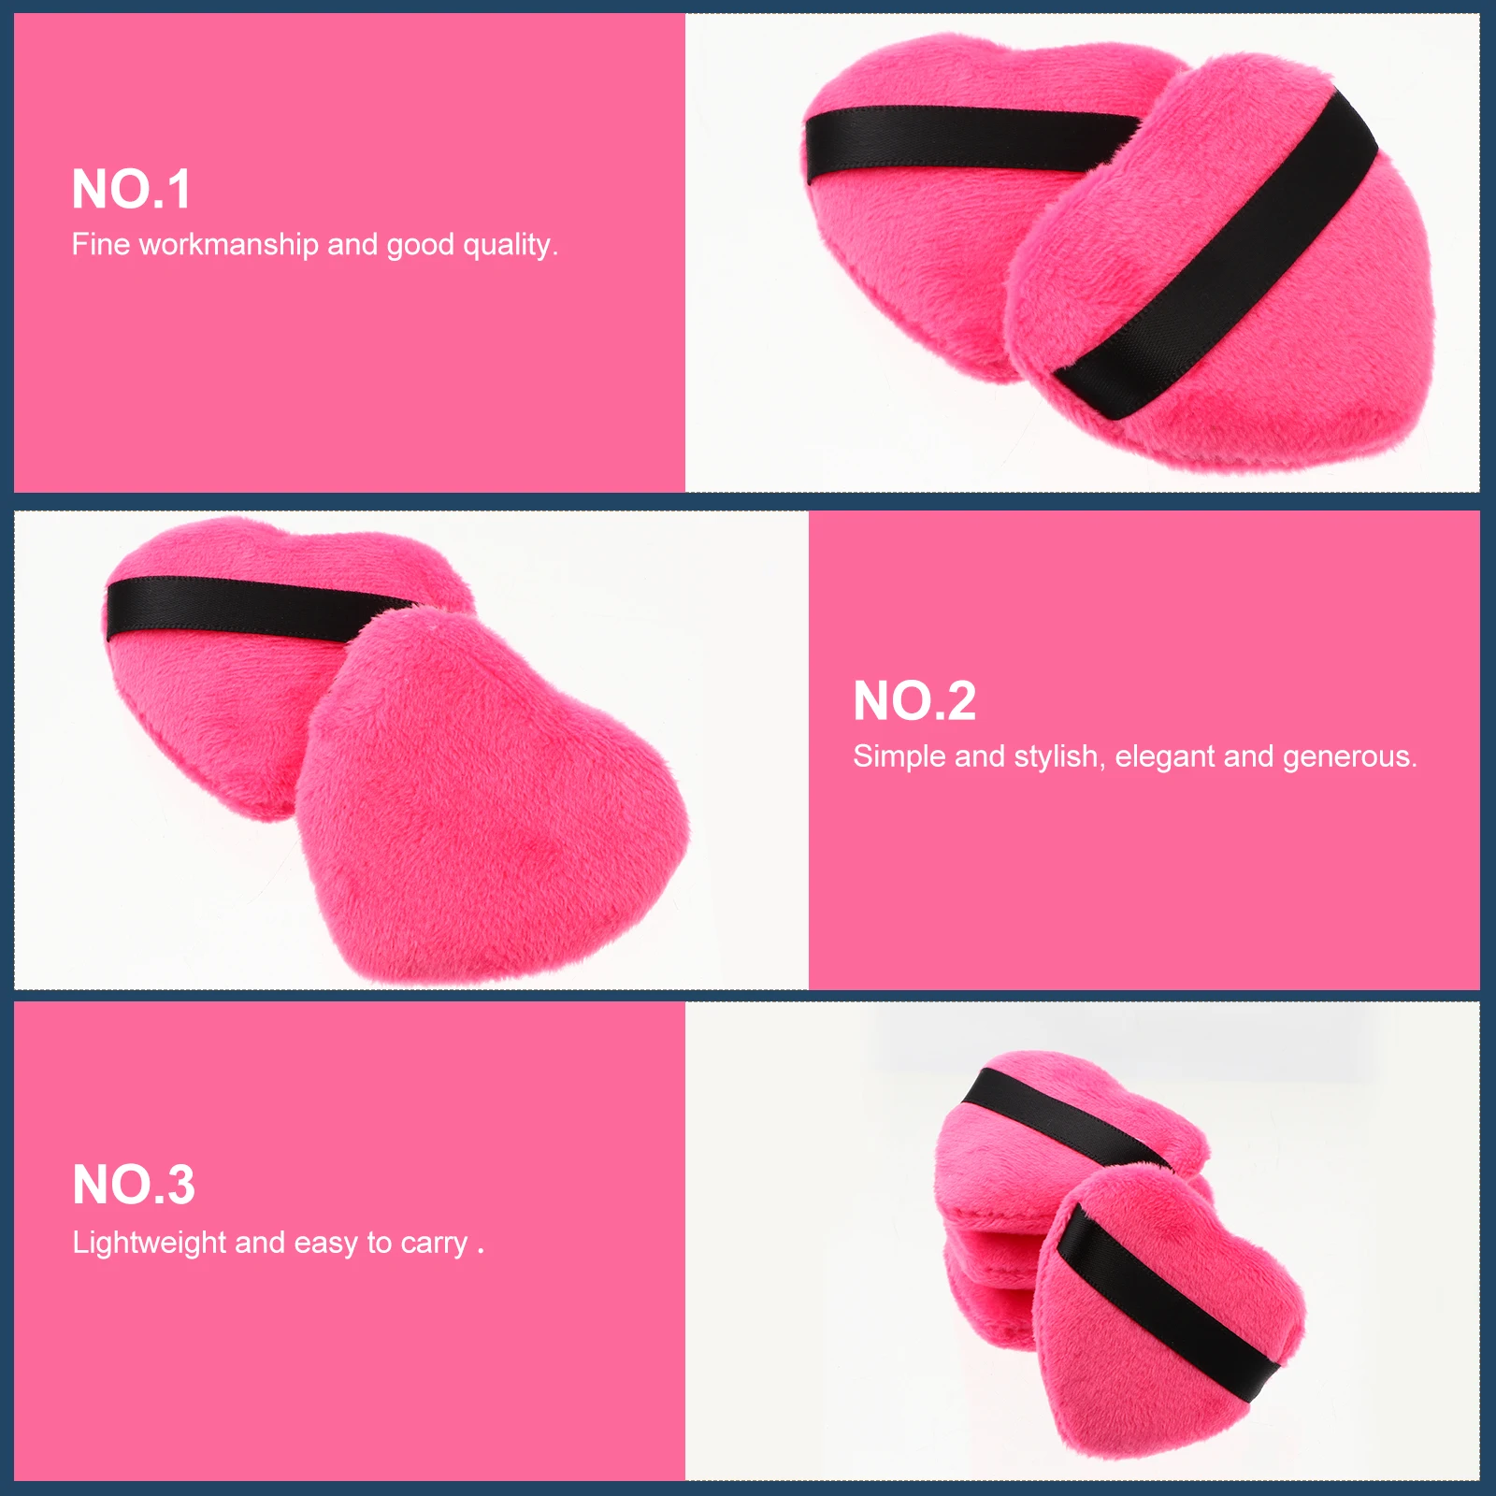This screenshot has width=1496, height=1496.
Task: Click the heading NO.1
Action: click(132, 190)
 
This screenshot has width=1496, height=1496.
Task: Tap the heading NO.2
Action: click(914, 701)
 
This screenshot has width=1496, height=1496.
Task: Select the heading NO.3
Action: click(134, 1186)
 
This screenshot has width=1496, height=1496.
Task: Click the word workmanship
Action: click(228, 245)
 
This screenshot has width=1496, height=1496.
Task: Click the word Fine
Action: click(100, 245)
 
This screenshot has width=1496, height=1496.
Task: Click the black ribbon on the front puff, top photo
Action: click(1215, 252)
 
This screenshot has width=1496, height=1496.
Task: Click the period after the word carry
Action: click(481, 1251)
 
